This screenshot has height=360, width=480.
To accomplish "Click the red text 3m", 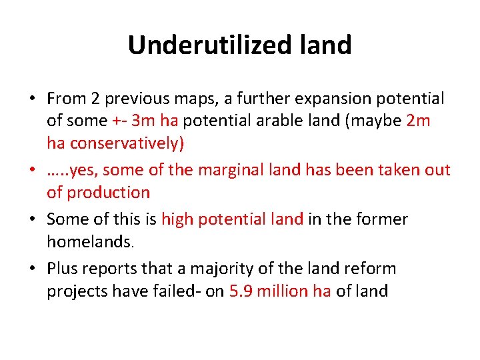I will click(143, 121).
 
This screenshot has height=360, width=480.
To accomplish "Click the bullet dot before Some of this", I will click(31, 219).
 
